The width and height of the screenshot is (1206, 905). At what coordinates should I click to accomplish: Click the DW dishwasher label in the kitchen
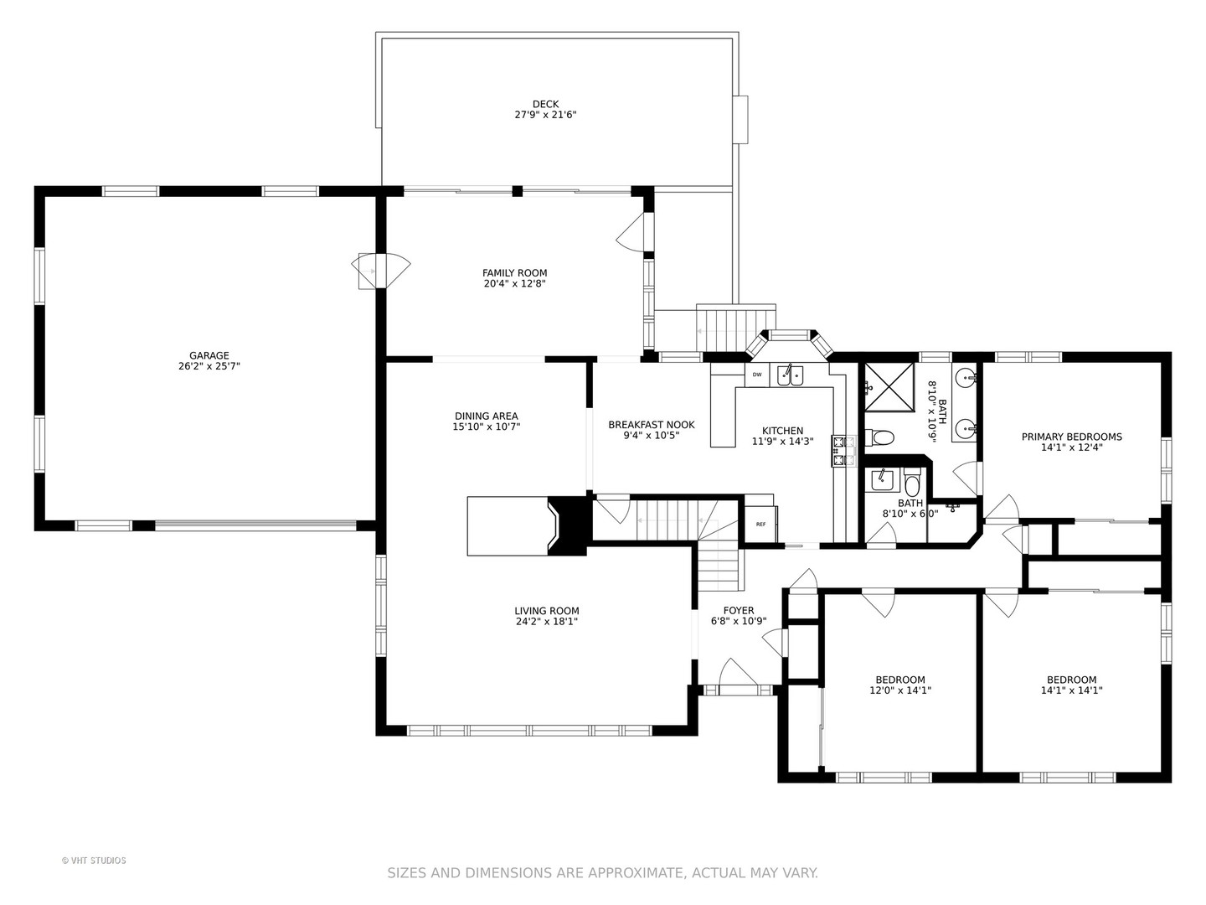[756, 375]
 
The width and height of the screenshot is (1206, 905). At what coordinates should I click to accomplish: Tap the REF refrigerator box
[760, 525]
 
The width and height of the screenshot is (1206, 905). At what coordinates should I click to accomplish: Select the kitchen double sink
[790, 375]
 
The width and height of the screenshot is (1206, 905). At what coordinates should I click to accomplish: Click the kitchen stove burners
[844, 451]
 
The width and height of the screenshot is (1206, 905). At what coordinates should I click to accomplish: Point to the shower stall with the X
[889, 387]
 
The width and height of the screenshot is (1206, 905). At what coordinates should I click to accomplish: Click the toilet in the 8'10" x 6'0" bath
[911, 483]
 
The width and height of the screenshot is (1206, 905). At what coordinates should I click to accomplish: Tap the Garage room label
[209, 355]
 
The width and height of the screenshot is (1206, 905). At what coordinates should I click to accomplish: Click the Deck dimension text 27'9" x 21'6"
[545, 115]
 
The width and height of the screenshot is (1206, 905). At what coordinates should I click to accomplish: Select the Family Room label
[515, 272]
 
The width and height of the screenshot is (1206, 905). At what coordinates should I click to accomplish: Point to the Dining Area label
[487, 416]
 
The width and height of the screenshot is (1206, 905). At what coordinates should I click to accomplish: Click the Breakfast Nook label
[651, 425]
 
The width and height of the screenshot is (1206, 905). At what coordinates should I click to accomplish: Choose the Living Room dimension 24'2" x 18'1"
[547, 622]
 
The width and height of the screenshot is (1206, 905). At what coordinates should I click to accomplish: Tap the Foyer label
[739, 611]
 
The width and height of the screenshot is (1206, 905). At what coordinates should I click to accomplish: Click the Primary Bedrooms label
[1071, 437]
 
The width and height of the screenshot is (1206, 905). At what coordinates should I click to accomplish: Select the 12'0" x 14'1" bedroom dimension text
[900, 690]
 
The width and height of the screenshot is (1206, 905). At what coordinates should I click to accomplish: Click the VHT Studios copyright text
[94, 861]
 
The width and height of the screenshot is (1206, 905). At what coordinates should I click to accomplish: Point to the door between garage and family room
[381, 271]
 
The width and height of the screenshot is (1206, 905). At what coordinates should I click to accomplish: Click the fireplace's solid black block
[569, 526]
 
